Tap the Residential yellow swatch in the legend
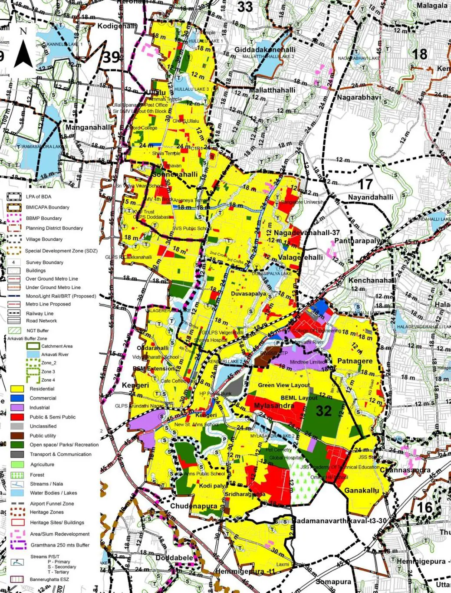point(17,389)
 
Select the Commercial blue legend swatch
point(17,398)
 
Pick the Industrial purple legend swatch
point(17,407)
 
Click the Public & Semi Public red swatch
point(17,417)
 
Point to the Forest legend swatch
point(17,475)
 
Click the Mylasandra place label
point(273,406)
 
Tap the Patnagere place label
point(355,361)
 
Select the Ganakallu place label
point(361,491)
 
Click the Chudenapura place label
point(194,506)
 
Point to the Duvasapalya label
point(248,294)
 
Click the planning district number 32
point(324,410)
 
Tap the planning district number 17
point(365,184)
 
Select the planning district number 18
point(419,54)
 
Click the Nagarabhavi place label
point(359,97)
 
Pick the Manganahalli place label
point(88,127)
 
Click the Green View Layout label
point(284,385)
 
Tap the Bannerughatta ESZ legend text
point(49,579)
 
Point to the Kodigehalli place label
point(116,26)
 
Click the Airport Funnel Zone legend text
point(52,504)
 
